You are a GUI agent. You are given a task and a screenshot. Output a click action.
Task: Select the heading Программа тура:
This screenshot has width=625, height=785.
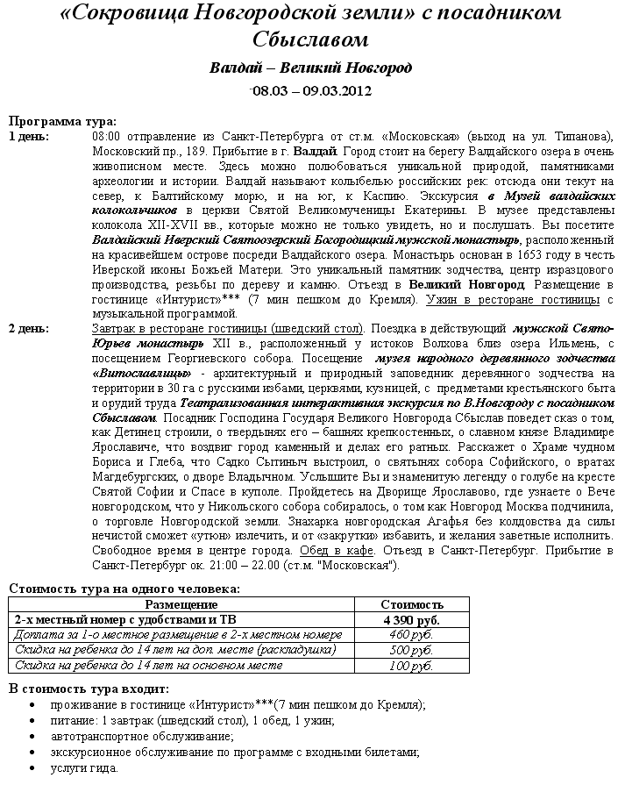61,122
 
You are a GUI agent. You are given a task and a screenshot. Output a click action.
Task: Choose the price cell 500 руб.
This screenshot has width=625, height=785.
411,650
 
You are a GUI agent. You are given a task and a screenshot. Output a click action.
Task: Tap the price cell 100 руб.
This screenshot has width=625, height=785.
411,666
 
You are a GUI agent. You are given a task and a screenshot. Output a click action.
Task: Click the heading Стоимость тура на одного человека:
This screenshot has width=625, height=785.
124,589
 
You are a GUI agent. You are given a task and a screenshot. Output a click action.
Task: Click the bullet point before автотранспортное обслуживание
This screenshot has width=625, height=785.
32,736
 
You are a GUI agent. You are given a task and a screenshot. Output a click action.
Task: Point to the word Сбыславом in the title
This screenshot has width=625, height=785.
310,39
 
